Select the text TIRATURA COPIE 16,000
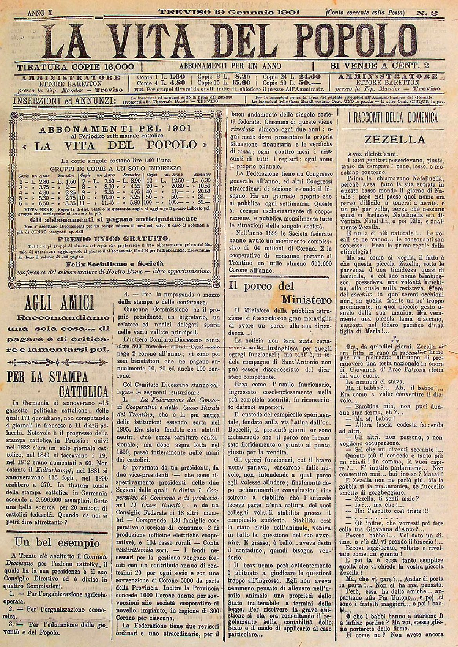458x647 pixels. click(x=75, y=67)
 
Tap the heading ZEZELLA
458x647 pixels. click(x=394, y=139)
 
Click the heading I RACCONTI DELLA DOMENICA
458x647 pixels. click(x=393, y=118)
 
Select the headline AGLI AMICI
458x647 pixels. click(x=60, y=302)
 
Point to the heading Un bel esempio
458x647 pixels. click(x=57, y=543)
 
